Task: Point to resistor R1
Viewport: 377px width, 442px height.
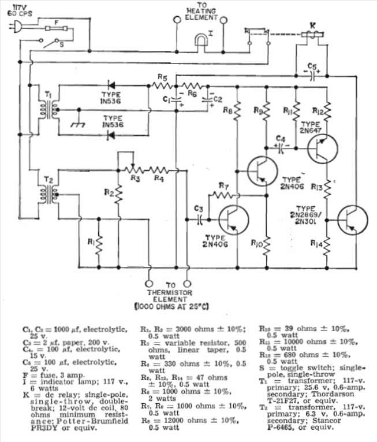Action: [99, 246]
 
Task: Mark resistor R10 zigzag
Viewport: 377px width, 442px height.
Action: [266, 243]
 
